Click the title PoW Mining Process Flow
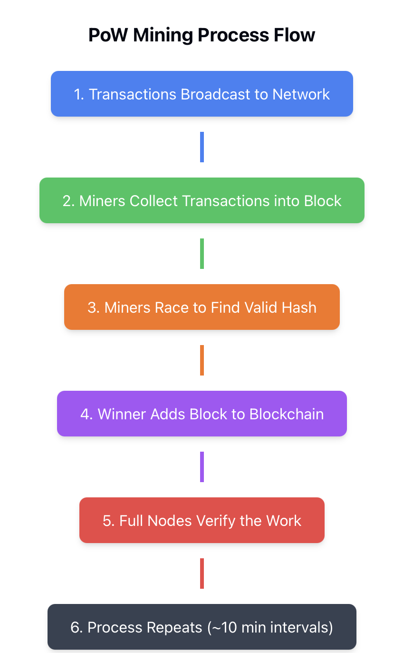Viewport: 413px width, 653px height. click(202, 35)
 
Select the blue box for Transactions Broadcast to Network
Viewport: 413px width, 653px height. click(202, 94)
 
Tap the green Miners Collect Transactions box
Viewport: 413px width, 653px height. click(202, 200)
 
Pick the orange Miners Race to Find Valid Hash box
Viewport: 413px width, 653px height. click(202, 307)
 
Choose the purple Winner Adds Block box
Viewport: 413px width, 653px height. click(202, 414)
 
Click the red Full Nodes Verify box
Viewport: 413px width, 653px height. click(202, 520)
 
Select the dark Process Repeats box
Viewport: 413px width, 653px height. click(202, 627)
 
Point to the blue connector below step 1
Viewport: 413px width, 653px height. click(202, 147)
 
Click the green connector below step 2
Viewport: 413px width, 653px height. click(202, 254)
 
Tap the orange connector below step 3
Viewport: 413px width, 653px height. click(202, 360)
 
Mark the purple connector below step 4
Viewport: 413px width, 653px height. click(202, 467)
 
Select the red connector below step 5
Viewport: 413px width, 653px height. click(202, 574)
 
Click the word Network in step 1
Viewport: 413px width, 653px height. click(301, 94)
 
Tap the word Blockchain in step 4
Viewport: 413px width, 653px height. click(287, 414)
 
